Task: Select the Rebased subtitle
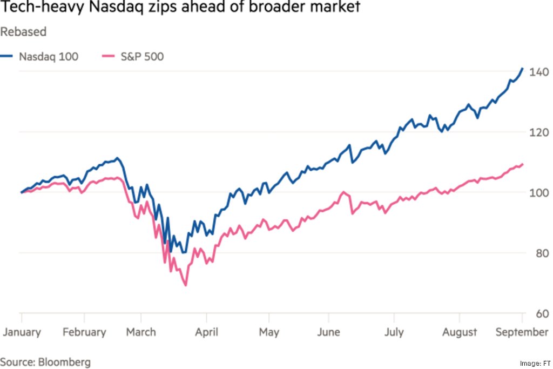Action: click(23, 32)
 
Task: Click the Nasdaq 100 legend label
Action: click(49, 56)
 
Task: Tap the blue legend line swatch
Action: click(7, 56)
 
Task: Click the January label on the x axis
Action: click(22, 332)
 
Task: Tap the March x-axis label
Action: click(141, 332)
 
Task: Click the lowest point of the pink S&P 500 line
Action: click(186, 285)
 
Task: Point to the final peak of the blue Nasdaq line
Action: click(522, 69)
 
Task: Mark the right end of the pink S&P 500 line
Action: click(523, 164)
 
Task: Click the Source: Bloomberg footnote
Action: click(45, 361)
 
